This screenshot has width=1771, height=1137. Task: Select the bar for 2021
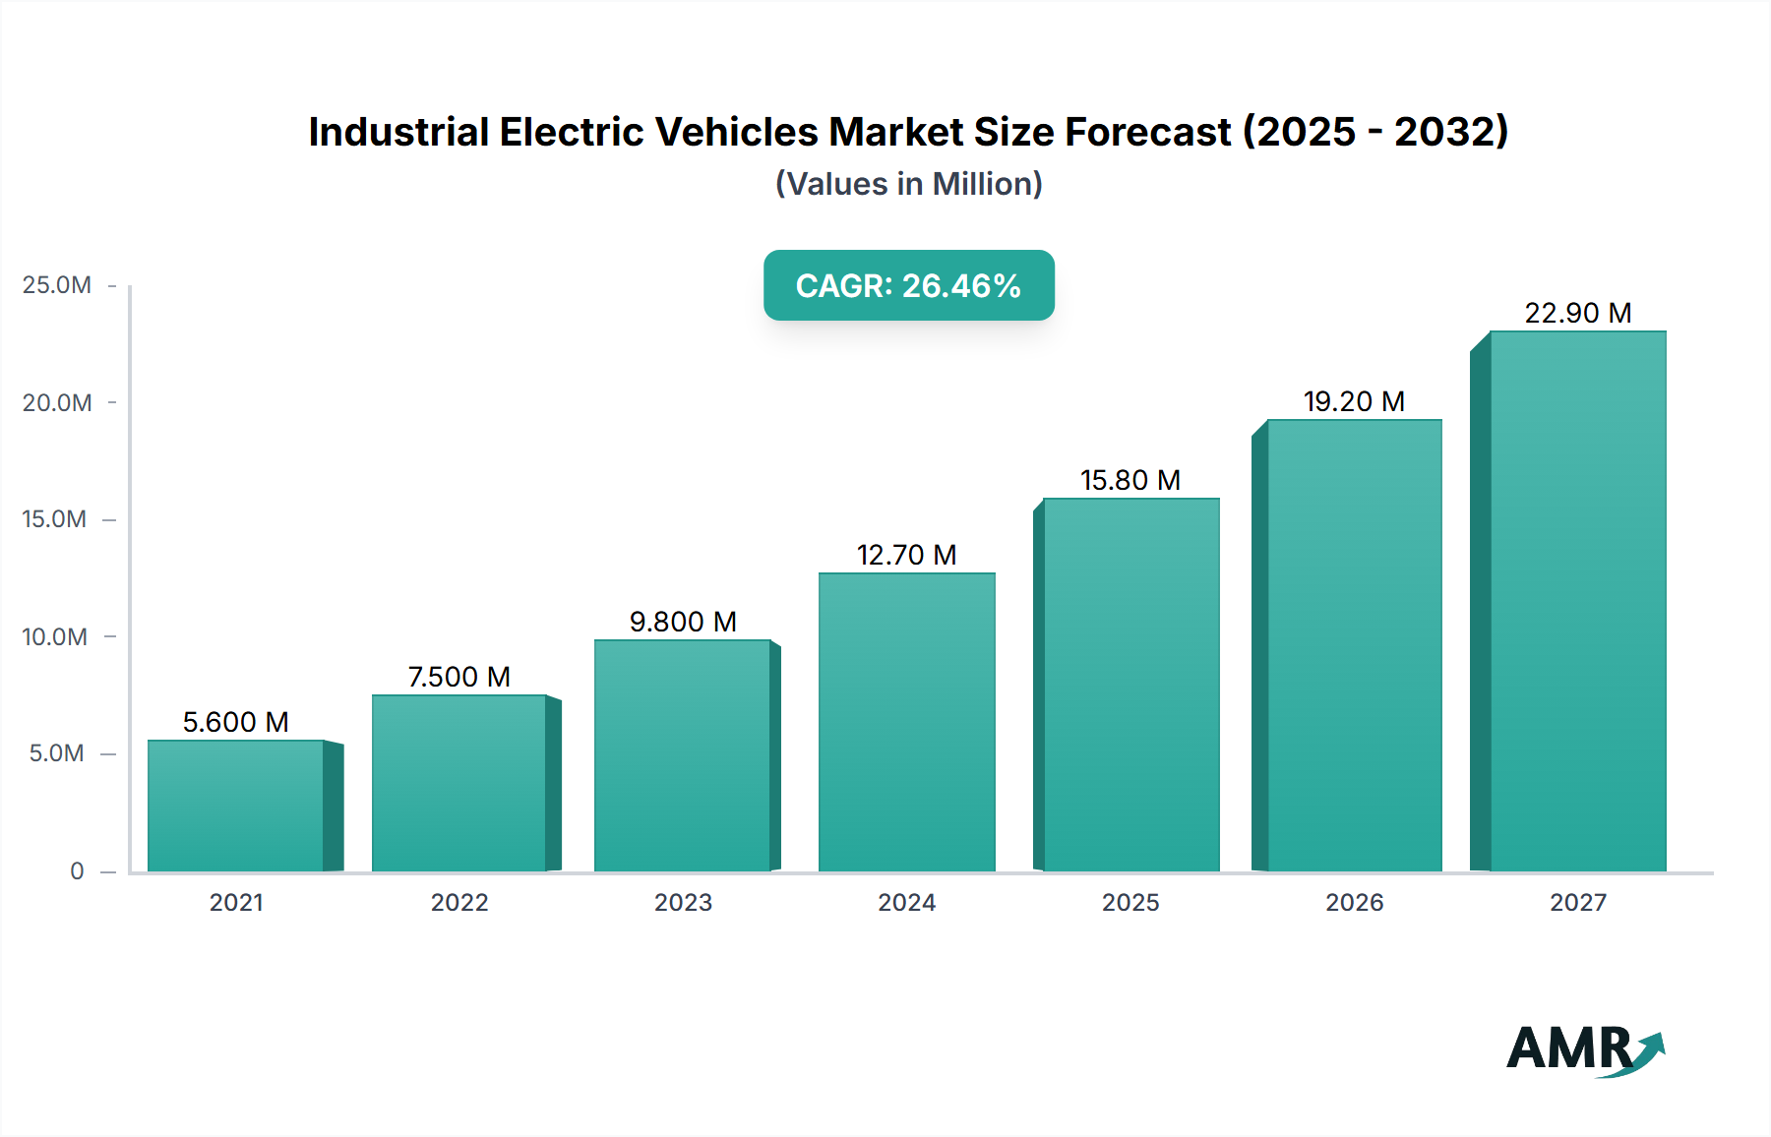236,806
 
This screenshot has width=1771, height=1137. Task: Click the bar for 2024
906,722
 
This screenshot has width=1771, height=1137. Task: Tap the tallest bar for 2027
1578,601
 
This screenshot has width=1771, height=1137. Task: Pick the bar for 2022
459,783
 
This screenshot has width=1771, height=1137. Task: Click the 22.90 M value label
1578,313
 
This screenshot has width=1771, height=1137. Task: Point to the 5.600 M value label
236,722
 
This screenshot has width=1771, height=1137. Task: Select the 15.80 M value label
1130,480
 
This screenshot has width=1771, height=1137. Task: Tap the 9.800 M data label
683,622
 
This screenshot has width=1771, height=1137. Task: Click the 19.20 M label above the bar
1354,401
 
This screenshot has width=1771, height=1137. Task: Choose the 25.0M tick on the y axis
57,285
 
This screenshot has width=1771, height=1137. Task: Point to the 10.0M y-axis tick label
55,636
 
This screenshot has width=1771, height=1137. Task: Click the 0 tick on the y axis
77,870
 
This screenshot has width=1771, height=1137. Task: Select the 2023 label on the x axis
683,902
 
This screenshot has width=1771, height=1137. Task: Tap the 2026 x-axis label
1354,902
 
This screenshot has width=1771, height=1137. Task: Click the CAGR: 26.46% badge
908,285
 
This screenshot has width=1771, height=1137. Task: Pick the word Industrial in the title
398,132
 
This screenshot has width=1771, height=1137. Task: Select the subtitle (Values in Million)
908,184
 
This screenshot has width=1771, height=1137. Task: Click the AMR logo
1584,1049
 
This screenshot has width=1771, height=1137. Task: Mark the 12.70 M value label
906,555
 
